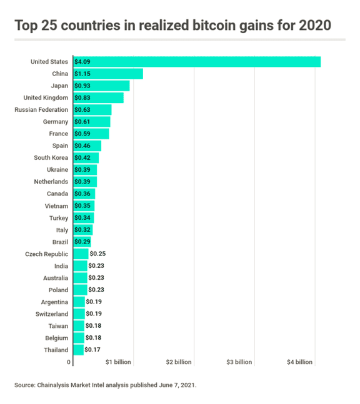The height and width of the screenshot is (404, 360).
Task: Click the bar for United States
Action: pos(197,62)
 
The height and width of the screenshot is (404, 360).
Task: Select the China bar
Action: pos(108,74)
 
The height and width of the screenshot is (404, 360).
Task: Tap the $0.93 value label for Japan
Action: pos(82,86)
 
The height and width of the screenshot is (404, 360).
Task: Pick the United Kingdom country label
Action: pos(46,97)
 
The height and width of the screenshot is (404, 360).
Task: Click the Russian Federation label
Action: pos(41,110)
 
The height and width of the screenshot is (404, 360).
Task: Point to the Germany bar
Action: pos(92,122)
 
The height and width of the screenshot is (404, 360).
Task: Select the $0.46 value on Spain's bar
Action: pos(82,146)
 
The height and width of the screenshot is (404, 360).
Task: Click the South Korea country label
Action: pos(51,158)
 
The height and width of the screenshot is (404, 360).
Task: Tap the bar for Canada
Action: pos(84,194)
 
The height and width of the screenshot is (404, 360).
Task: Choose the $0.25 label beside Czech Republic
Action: pos(97,254)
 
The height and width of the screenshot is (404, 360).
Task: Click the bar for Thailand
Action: pos(78,350)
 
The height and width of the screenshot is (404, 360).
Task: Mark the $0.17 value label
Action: pos(92,350)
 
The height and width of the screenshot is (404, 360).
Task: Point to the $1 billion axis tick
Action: pos(118,362)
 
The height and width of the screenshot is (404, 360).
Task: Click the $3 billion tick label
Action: pos(239,362)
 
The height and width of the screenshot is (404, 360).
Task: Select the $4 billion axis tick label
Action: pos(299,362)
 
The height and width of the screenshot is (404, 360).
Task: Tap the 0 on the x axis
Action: pos(69,362)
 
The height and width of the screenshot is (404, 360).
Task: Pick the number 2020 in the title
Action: pos(315,25)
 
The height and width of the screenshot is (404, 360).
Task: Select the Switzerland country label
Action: pos(52,314)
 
